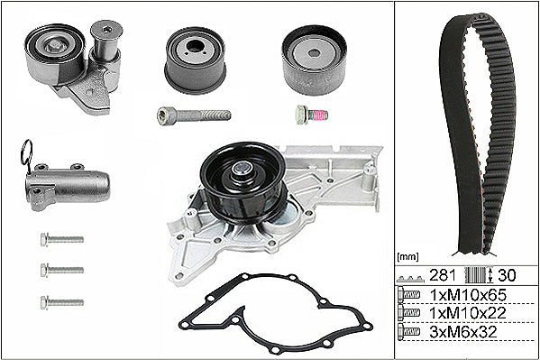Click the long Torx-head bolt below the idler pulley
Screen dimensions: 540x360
pyautogui.click(x=194, y=115)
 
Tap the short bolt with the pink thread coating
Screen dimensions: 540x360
pyautogui.click(x=311, y=115)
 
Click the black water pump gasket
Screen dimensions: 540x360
pyautogui.click(x=276, y=313)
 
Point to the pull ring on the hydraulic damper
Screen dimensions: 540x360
pyautogui.click(x=26, y=153)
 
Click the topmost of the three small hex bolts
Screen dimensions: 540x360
pyautogui.click(x=62, y=239)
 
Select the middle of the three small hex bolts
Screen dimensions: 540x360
pyautogui.click(x=62, y=270)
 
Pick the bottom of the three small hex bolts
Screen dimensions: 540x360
pyautogui.click(x=62, y=302)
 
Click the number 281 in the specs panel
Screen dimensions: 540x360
pyautogui.click(x=443, y=275)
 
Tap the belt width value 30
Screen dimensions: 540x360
pyautogui.click(x=507, y=275)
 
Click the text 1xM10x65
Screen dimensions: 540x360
pyautogui.click(x=468, y=295)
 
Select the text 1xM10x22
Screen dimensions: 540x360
pyautogui.click(x=468, y=313)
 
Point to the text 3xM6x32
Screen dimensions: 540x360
pyautogui.click(x=463, y=332)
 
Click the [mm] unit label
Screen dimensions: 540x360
pyautogui.click(x=407, y=257)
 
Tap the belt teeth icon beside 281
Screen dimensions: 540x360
pyautogui.click(x=410, y=278)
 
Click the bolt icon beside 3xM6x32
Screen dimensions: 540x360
pyautogui.click(x=408, y=332)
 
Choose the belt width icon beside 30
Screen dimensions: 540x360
pyautogui.click(x=479, y=275)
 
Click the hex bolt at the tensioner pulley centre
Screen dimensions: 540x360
pyautogui.click(x=54, y=45)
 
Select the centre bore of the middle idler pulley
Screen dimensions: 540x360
pyautogui.click(x=195, y=46)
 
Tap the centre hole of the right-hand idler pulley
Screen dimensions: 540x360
pyautogui.click(x=314, y=53)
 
